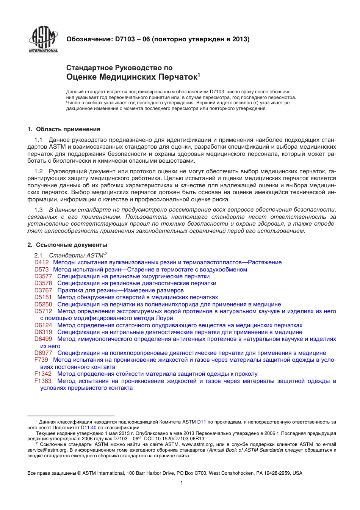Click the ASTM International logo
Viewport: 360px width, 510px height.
click(43, 40)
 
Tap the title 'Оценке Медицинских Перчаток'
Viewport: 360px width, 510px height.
click(133, 77)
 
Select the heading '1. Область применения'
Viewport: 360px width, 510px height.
click(64, 129)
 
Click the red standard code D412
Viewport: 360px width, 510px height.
click(41, 262)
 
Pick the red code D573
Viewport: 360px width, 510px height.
click(41, 270)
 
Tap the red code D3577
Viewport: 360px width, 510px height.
click(43, 276)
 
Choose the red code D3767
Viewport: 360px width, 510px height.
click(43, 290)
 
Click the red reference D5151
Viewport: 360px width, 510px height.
click(43, 297)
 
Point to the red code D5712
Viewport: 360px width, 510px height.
click(43, 311)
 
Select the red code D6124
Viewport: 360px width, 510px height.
click(43, 325)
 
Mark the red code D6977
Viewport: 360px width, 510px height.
click(43, 353)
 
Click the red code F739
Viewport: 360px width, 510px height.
click(41, 360)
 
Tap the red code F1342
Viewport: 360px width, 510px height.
click(43, 374)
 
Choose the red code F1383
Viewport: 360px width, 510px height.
click(43, 381)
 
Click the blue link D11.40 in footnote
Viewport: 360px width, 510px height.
click(89, 427)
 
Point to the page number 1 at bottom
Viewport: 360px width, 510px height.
click(182, 483)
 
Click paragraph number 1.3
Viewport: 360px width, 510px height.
click(38, 210)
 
